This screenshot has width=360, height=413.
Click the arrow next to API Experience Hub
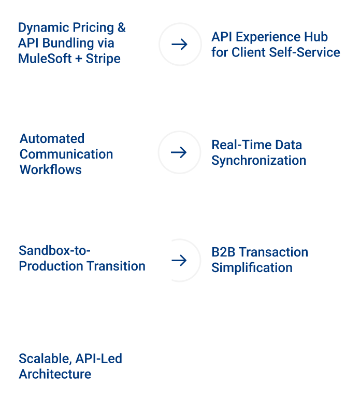click(179, 44)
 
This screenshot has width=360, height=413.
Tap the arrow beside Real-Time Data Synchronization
click(179, 152)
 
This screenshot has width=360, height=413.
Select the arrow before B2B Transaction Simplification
click(179, 260)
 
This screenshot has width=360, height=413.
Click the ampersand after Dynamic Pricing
click(122, 27)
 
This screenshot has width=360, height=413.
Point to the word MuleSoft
click(45, 59)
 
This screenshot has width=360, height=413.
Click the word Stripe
click(103, 59)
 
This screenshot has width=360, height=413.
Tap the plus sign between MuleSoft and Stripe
click(79, 59)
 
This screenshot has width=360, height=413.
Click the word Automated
click(52, 138)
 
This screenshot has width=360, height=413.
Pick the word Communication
click(66, 154)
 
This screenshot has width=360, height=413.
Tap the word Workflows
click(51, 169)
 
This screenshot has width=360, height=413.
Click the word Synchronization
click(259, 161)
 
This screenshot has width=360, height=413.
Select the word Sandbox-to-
click(54, 250)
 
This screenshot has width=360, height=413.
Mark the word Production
click(51, 266)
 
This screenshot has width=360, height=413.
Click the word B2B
click(223, 252)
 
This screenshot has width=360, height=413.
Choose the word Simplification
click(252, 268)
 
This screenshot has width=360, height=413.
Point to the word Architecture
click(55, 374)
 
